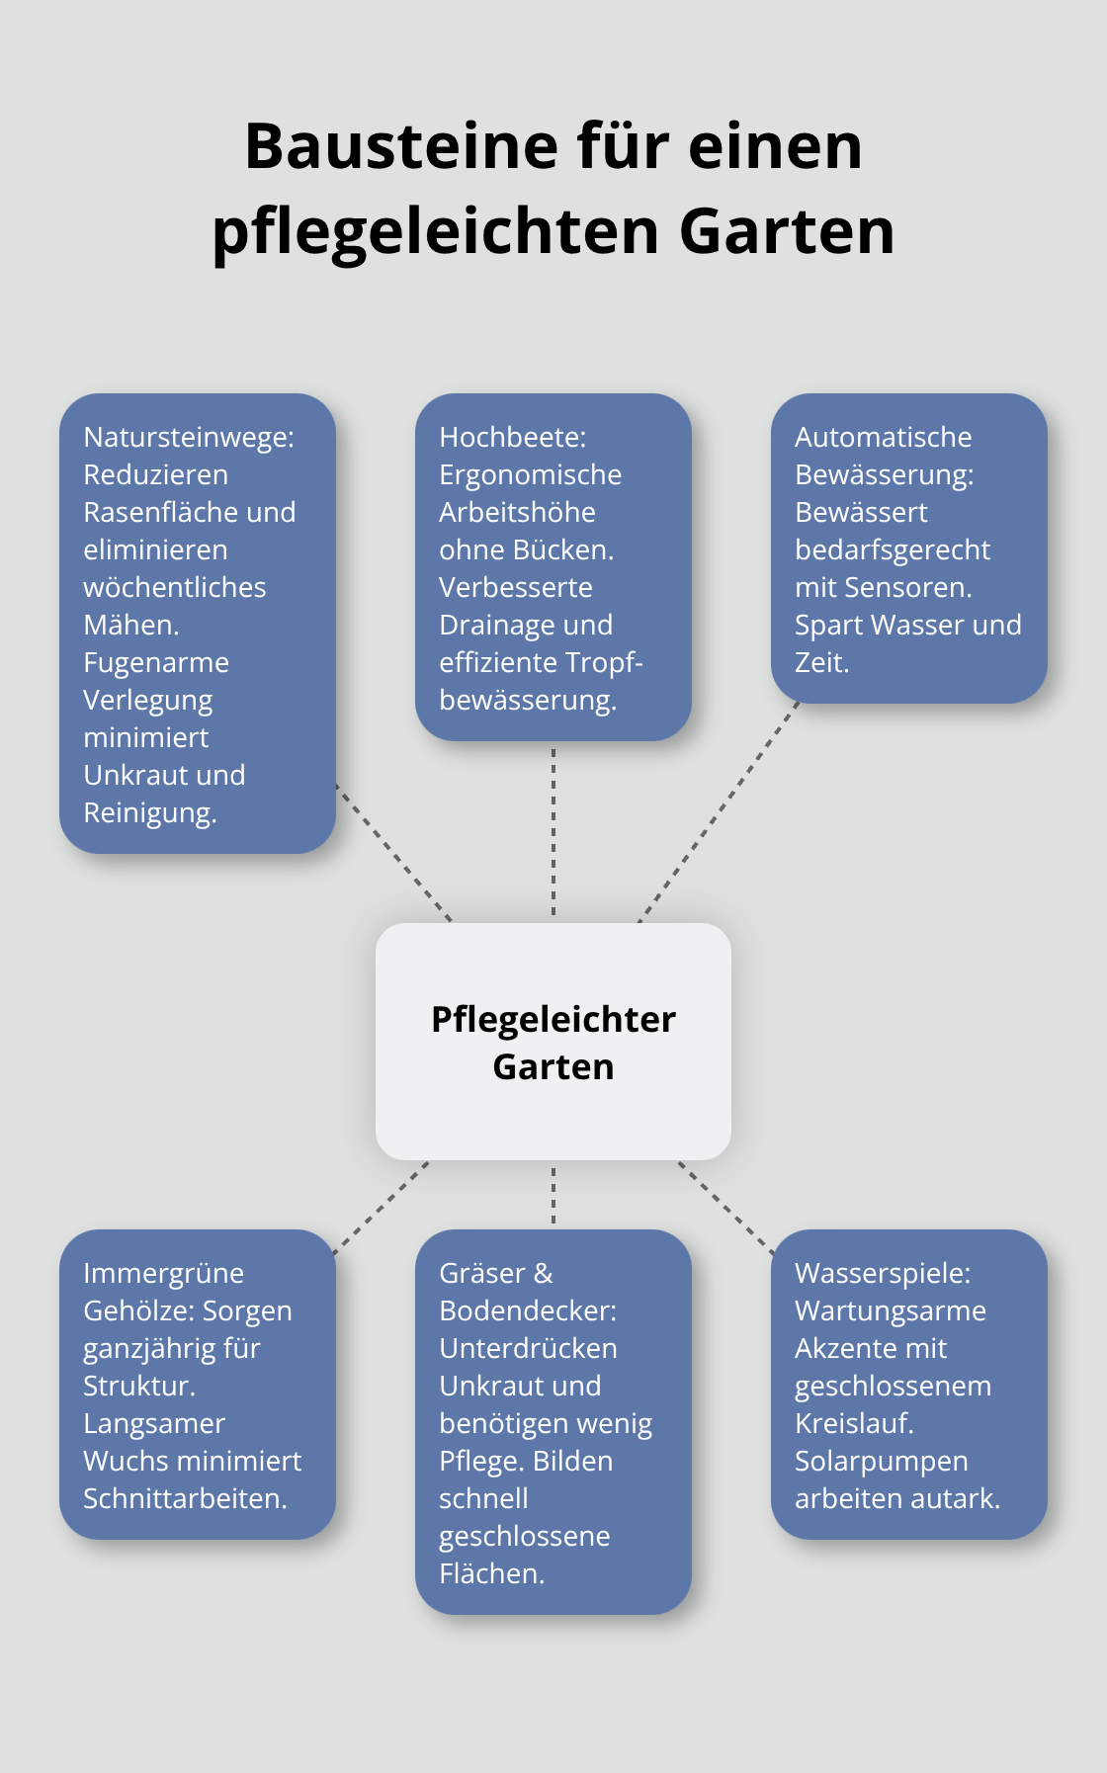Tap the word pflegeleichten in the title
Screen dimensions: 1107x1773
point(436,232)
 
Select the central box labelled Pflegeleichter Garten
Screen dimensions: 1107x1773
point(553,1042)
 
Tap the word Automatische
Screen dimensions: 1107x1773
point(883,437)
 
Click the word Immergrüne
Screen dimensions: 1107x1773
point(163,1273)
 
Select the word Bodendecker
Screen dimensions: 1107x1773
point(526,1310)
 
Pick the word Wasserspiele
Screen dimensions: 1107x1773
point(882,1273)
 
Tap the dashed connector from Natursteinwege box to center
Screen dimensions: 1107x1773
point(393,853)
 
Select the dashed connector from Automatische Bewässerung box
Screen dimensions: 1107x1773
point(720,811)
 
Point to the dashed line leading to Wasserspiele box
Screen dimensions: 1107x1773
point(726,1208)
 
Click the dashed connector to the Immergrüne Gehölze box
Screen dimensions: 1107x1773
point(382,1208)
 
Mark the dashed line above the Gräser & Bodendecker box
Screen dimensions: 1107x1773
point(553,1195)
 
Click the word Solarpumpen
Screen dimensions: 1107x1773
point(881,1461)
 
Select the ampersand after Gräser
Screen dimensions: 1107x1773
point(543,1273)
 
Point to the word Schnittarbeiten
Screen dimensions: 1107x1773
point(185,1498)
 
